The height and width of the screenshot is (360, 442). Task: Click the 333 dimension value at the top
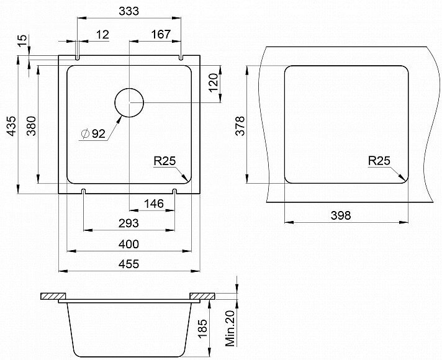pos(129,11)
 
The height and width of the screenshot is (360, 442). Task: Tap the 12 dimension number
pos(102,35)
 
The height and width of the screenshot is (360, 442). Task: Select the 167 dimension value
pos(161,34)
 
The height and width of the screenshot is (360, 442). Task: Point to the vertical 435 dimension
pos(12,126)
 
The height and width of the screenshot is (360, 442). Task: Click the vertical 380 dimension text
pos(31,126)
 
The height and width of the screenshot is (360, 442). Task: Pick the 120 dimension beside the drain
pos(214,83)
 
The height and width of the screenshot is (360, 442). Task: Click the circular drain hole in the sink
pos(129,102)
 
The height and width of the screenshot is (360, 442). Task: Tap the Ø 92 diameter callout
pos(93,134)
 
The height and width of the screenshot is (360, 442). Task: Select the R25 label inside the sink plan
pos(165,161)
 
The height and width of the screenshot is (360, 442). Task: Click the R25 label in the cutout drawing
pos(379,161)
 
